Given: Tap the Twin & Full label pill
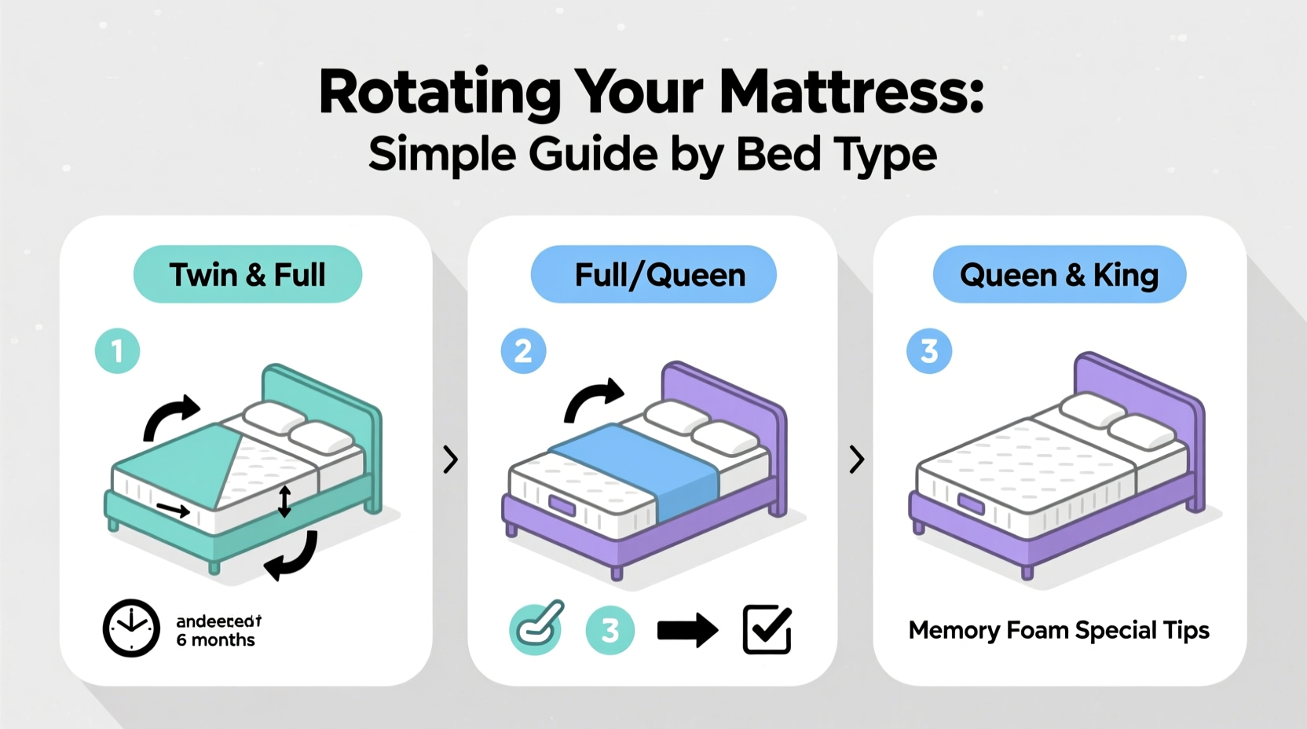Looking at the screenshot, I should tap(247, 275).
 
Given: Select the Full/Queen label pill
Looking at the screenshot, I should tap(653, 275).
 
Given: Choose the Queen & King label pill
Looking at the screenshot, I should tap(1059, 275).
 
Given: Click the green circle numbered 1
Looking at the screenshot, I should tap(118, 350).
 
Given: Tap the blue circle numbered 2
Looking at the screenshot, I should tap(523, 350).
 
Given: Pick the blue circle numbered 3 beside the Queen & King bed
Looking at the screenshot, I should tap(929, 350).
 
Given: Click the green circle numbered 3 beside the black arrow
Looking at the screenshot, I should tap(610, 630).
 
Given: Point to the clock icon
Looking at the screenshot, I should tap(131, 628).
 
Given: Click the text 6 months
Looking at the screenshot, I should tap(215, 640).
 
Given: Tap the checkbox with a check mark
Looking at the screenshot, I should tap(767, 629).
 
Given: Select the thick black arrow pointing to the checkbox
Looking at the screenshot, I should tap(687, 630).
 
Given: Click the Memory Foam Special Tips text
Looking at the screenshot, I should tap(1059, 630).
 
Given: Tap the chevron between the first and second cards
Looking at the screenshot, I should tap(450, 460).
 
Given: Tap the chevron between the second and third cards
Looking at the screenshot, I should tap(856, 460).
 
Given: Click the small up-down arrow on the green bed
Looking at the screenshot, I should tap(284, 501).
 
